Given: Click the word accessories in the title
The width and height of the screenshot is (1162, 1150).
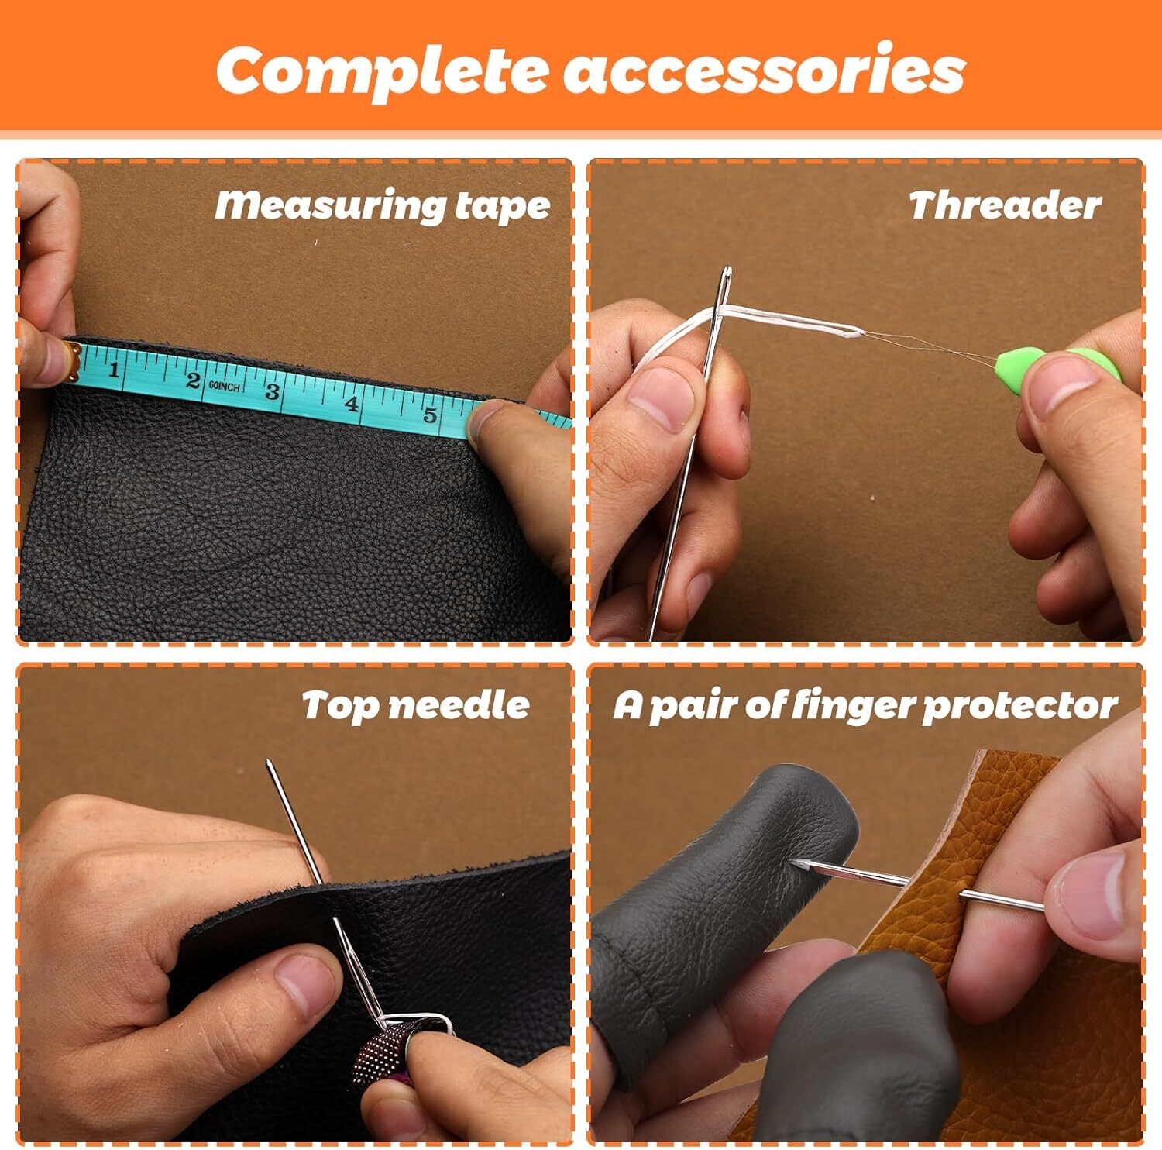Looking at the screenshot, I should pos(763,71).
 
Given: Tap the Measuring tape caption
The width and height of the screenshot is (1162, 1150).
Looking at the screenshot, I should pos(382,206).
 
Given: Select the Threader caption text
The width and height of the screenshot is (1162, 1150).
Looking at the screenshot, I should pos(1004,206).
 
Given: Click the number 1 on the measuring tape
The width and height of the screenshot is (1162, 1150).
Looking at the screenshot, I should pos(114,368).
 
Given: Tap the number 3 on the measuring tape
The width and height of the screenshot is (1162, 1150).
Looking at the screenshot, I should pos(272,391).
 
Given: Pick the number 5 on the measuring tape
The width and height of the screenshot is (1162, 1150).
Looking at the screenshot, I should pos(430,414).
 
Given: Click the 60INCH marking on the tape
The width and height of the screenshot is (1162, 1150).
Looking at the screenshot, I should pos(224,386).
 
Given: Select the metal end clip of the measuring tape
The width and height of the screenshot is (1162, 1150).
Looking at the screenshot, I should pos(71,360).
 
